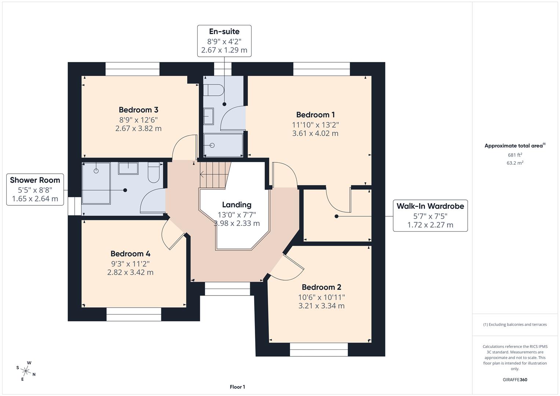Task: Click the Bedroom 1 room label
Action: [x=315, y=115]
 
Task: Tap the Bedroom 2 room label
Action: [x=321, y=287]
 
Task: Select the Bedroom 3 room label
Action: [x=138, y=110]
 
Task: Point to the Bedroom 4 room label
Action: [x=130, y=254]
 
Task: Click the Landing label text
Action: [x=237, y=205]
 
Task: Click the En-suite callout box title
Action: [x=224, y=32]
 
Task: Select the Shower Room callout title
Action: [x=35, y=180]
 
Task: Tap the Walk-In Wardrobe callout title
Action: [x=430, y=206]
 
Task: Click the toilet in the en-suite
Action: [x=213, y=90]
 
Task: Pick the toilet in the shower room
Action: [x=153, y=172]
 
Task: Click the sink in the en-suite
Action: [x=209, y=116]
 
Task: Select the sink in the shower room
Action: [x=128, y=168]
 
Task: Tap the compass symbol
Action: [x=26, y=371]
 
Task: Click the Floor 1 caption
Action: [x=237, y=387]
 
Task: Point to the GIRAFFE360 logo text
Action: [x=515, y=379]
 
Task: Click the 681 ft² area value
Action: [x=515, y=155]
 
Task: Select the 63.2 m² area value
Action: [x=515, y=163]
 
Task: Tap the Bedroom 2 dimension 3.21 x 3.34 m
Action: [x=321, y=306]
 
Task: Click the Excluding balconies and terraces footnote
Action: [x=515, y=324]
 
